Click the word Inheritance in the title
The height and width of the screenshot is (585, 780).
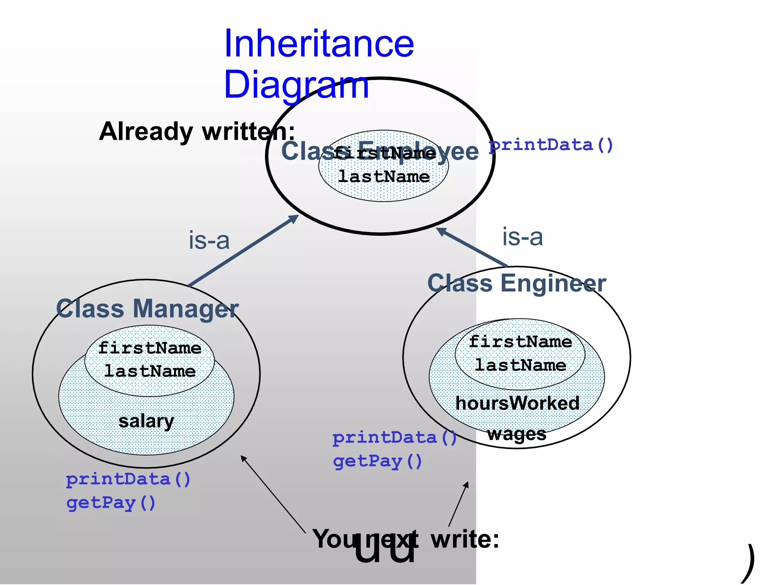click(x=319, y=44)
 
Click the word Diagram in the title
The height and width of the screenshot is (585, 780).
click(x=296, y=85)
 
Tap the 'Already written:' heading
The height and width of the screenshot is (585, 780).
click(x=197, y=131)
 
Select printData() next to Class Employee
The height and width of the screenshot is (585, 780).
click(x=551, y=145)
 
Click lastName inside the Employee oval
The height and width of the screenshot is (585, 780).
click(x=384, y=177)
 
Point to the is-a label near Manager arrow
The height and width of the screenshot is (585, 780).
click(x=209, y=240)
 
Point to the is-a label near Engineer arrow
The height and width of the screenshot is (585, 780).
click(x=522, y=237)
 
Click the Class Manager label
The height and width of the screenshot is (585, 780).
click(x=147, y=308)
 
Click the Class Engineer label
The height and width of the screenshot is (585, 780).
click(x=516, y=283)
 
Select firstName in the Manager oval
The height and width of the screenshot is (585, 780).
click(x=150, y=348)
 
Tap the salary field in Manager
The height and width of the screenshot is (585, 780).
click(x=146, y=421)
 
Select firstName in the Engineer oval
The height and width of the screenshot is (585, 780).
click(x=520, y=342)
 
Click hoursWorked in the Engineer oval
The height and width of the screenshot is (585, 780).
click(x=517, y=403)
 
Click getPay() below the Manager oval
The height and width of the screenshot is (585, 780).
click(x=111, y=503)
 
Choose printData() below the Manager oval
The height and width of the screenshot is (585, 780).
click(x=128, y=480)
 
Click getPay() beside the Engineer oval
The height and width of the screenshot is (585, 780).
click(x=377, y=462)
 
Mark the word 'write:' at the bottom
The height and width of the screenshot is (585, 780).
click(x=465, y=539)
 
